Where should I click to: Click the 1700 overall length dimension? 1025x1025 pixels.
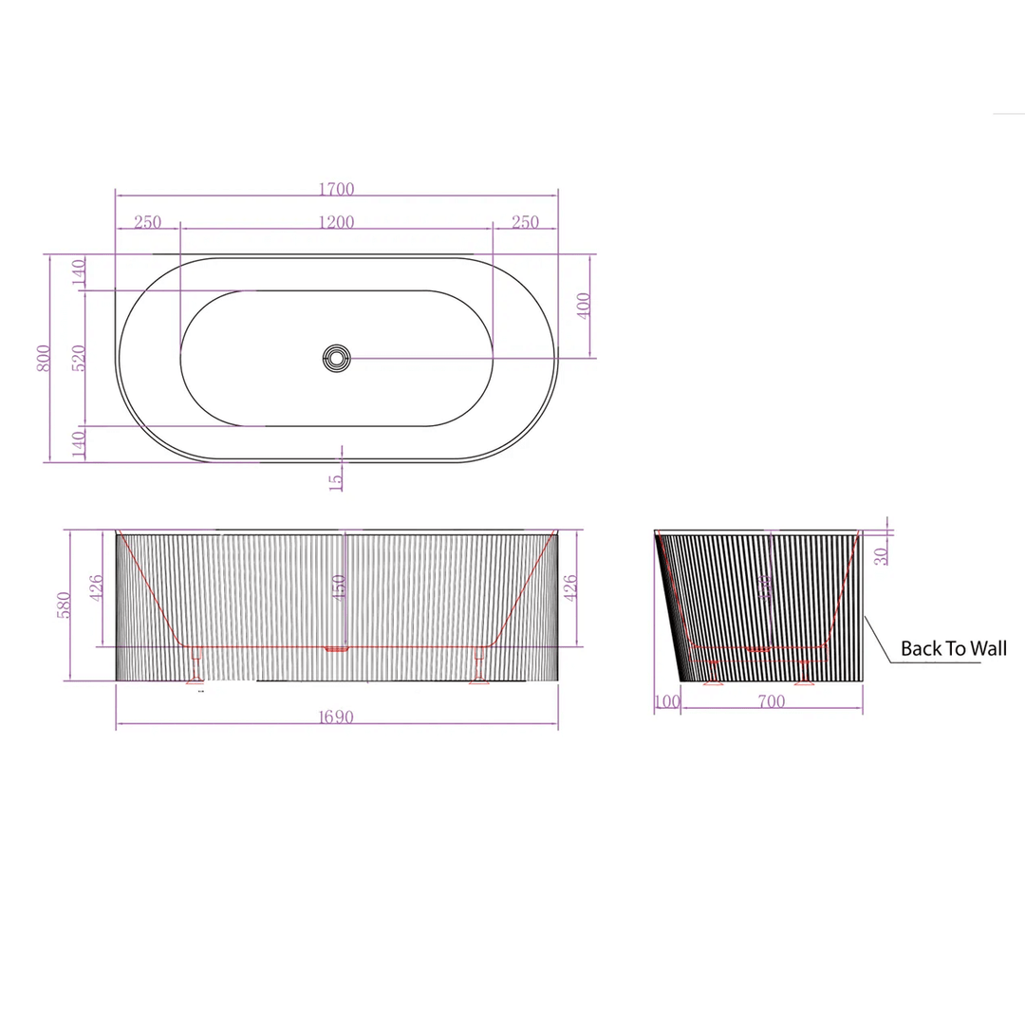pyautogui.click(x=336, y=190)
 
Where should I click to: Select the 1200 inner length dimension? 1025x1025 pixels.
pyautogui.click(x=336, y=222)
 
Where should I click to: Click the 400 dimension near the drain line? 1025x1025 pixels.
pyautogui.click(x=584, y=305)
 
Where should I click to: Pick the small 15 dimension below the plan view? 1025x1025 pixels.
pyautogui.click(x=335, y=480)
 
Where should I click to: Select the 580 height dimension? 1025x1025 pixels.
pyautogui.click(x=64, y=605)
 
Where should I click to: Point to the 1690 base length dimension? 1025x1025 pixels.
pyautogui.click(x=336, y=717)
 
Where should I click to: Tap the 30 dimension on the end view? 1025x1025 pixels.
pyautogui.click(x=882, y=555)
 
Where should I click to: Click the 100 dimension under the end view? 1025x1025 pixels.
pyautogui.click(x=667, y=702)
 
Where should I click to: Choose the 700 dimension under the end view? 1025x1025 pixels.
pyautogui.click(x=772, y=702)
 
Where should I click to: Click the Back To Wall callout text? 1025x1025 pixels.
pyautogui.click(x=953, y=649)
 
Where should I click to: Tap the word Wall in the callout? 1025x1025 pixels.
pyautogui.click(x=986, y=649)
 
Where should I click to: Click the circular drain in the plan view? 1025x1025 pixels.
pyautogui.click(x=336, y=358)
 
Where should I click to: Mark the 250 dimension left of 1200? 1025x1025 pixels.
pyautogui.click(x=147, y=222)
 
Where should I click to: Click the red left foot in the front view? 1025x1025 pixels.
pyautogui.click(x=196, y=666)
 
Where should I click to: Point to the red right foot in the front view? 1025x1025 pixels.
pyautogui.click(x=477, y=666)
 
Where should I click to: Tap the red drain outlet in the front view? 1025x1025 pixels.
pyautogui.click(x=337, y=649)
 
